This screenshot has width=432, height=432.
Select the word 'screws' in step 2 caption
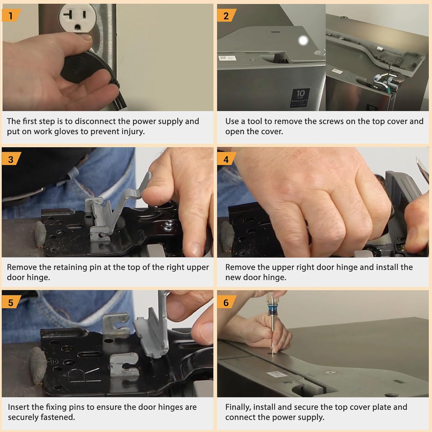coord(330,121)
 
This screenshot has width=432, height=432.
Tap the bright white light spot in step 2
coord(303,41)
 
